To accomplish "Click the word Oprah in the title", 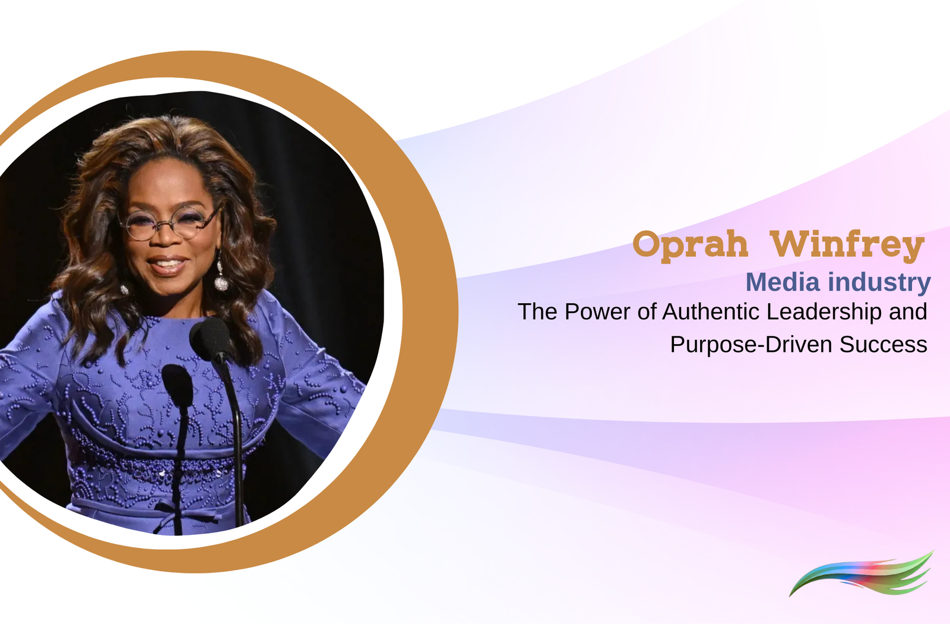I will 690,244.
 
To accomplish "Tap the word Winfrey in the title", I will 847,244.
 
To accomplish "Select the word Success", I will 883,345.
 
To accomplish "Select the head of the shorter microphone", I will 177,383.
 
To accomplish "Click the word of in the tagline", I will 647,312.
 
